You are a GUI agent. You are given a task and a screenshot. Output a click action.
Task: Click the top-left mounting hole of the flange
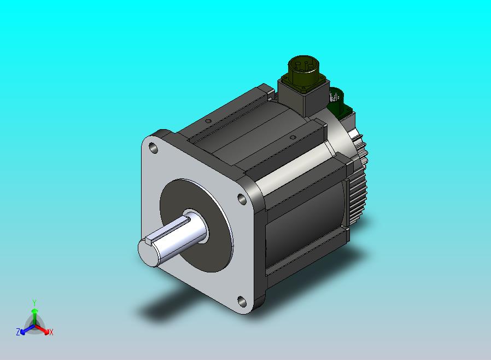[x=153, y=148]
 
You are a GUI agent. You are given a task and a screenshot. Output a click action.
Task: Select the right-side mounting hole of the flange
[x=242, y=199]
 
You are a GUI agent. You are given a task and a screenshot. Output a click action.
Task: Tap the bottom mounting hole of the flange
[x=242, y=301]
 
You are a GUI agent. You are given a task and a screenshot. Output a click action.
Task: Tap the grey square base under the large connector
[x=303, y=96]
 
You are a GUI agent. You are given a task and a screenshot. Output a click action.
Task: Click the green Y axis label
[x=34, y=303]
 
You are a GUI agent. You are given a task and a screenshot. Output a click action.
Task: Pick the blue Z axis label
[x=18, y=332]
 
